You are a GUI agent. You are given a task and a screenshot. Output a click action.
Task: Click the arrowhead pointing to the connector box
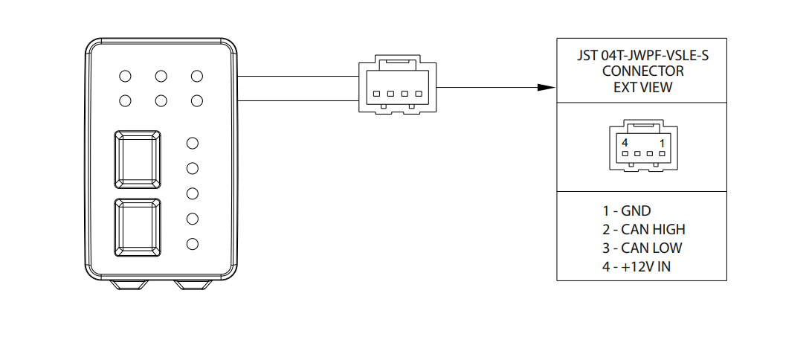pyautogui.click(x=547, y=88)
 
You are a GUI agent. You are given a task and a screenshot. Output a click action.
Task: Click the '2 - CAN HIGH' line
pyautogui.click(x=643, y=229)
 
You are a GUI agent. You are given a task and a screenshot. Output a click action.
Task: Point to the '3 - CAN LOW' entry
pyautogui.click(x=642, y=248)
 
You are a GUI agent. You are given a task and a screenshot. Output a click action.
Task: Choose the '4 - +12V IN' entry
pyautogui.click(x=636, y=266)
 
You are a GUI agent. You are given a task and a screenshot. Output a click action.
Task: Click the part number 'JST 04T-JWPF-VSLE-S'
pyautogui.click(x=642, y=56)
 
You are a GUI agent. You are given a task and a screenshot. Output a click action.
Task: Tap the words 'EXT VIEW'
pyautogui.click(x=642, y=87)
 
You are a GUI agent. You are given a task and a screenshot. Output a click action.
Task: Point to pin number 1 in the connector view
pyautogui.click(x=661, y=142)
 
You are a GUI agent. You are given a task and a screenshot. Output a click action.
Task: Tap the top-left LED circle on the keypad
pyautogui.click(x=126, y=76)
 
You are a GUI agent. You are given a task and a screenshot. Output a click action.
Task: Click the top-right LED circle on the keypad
pyautogui.click(x=197, y=76)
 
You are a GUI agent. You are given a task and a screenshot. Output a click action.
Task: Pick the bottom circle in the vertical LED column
pyautogui.click(x=193, y=243)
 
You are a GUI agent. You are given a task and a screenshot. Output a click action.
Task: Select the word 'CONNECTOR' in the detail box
pyautogui.click(x=642, y=71)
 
